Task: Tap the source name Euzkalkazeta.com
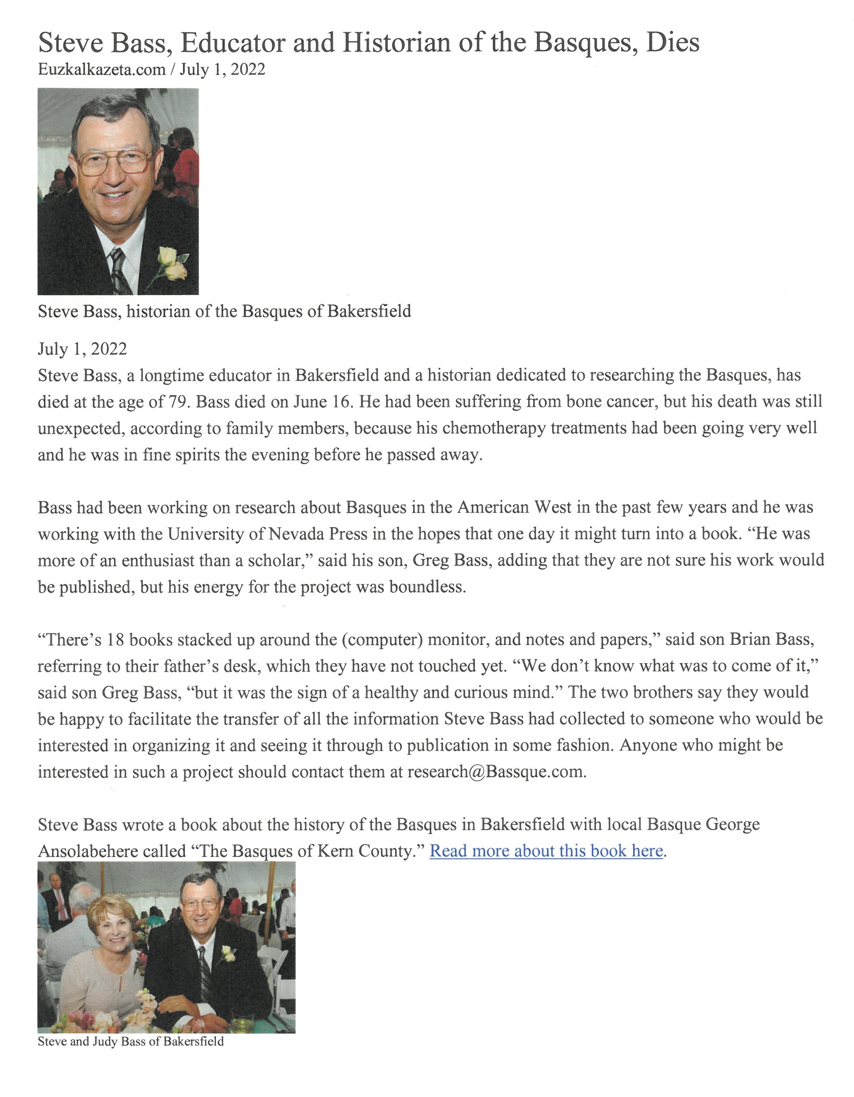coord(101,69)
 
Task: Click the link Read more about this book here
coord(546,851)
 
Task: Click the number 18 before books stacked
coord(116,640)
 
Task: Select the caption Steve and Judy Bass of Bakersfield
coord(131,1041)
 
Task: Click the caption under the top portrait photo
coord(224,312)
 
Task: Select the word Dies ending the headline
coord(673,42)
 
